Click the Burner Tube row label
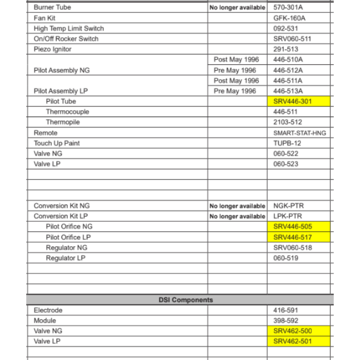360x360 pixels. [x=52, y=7]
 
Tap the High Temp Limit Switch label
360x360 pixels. [x=68, y=28]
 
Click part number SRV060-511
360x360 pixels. [x=292, y=39]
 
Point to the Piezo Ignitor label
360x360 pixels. [x=53, y=49]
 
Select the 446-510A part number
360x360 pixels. [x=288, y=59]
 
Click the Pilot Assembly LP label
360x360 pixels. [x=60, y=91]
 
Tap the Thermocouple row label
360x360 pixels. [x=67, y=112]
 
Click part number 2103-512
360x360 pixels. [x=288, y=122]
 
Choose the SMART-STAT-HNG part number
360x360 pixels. [x=300, y=133]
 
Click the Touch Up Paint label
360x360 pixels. [x=57, y=143]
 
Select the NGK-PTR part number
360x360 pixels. [x=288, y=206]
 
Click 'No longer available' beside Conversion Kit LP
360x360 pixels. [x=237, y=216]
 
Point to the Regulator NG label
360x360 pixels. [x=66, y=248]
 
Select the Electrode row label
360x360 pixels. [x=48, y=310]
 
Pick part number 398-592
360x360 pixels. [x=285, y=320]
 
